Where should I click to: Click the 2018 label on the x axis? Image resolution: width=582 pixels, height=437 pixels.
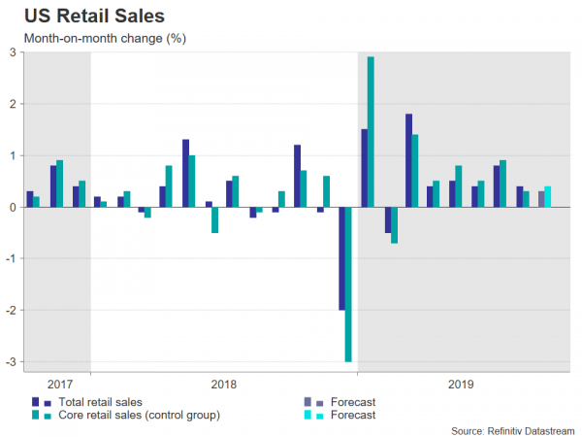point(223,384)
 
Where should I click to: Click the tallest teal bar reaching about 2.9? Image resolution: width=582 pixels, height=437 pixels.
point(371,131)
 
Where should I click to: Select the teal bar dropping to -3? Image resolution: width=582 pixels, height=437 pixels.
point(348,284)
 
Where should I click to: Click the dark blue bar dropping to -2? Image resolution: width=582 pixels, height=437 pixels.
point(341,258)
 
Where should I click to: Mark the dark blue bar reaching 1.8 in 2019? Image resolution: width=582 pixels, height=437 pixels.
point(408,160)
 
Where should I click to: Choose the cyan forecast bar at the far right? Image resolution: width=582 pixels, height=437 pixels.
point(547,196)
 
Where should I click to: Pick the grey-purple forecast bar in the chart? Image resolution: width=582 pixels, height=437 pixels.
point(541,198)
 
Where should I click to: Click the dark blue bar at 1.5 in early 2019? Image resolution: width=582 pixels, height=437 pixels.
point(364,168)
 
